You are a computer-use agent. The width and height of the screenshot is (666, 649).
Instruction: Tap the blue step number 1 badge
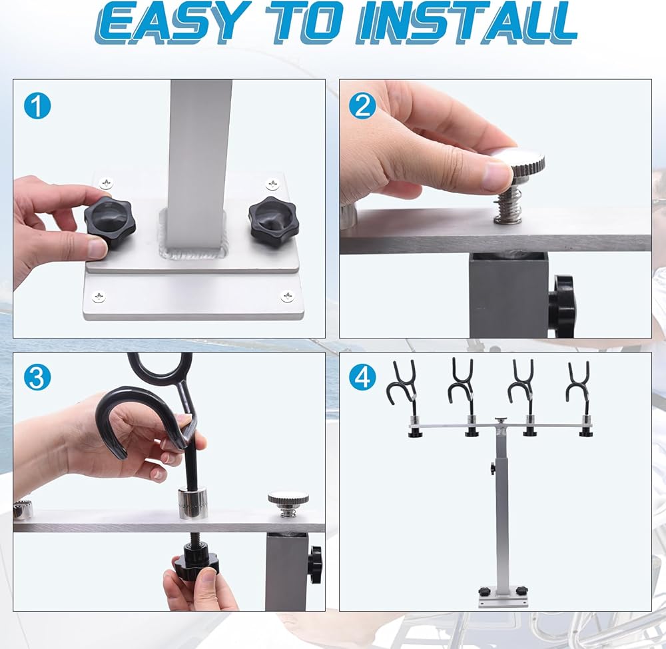tap(37, 106)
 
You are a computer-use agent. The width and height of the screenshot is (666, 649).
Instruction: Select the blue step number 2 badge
tap(362, 105)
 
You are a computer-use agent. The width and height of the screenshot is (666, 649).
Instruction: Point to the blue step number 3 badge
tap(37, 377)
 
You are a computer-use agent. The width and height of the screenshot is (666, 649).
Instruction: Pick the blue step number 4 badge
tap(362, 376)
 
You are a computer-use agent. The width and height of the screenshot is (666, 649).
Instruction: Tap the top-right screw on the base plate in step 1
tap(272, 185)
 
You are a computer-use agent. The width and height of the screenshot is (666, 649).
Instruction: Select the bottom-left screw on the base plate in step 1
tap(99, 297)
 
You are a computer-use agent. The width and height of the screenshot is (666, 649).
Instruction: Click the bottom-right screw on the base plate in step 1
tap(288, 296)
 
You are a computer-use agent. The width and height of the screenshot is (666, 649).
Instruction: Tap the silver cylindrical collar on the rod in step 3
tap(193, 504)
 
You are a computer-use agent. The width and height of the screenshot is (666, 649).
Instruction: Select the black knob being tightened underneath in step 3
tap(195, 560)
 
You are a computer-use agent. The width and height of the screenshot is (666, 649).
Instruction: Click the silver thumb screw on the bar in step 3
tap(288, 504)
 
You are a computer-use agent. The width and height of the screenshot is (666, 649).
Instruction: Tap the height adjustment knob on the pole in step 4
tap(493, 469)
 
